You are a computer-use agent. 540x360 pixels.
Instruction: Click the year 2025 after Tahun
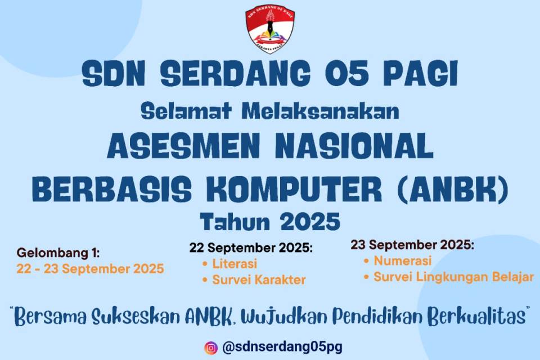(310, 222)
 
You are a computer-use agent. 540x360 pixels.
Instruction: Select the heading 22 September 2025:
(251, 248)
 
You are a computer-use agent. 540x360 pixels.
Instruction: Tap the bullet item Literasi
(235, 263)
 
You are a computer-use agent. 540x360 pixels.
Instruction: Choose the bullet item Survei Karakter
(259, 280)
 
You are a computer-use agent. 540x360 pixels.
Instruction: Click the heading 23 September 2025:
(412, 245)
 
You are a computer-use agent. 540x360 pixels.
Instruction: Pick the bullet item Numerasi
(402, 261)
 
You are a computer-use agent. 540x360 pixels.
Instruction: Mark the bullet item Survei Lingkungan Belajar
(453, 277)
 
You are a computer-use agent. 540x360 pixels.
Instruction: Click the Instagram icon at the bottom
(211, 348)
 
